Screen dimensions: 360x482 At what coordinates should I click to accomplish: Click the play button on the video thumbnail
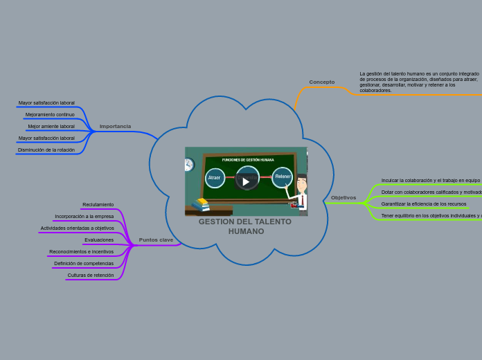coord(246,181)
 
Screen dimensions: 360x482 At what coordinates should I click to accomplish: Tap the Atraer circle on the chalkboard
coord(215,178)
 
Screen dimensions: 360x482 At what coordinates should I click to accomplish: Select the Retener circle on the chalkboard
coord(283,177)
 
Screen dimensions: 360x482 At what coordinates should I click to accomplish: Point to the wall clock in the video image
coord(188,165)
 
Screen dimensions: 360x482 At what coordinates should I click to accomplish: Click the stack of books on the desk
coord(201,205)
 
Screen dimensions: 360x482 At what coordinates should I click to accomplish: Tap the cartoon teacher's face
coord(302,186)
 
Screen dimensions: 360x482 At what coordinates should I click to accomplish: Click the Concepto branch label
coord(321,82)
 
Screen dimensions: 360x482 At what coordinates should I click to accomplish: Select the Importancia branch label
coord(115,127)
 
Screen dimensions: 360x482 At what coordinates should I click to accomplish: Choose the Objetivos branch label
coord(343,198)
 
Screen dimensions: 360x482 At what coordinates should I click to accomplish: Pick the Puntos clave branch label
coord(156,240)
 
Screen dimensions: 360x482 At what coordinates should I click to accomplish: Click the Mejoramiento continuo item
coord(50,115)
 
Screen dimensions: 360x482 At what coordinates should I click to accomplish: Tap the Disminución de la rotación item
coord(46,150)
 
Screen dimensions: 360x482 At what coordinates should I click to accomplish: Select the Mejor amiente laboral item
coord(51,127)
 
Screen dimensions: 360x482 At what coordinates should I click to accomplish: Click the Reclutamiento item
coord(98,205)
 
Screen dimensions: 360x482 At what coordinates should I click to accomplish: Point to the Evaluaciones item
coord(99,240)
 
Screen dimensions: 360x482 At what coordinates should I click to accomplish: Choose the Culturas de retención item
coord(91,276)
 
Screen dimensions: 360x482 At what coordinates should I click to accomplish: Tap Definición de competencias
coord(84,264)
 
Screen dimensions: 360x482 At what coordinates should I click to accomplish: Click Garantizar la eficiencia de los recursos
coord(423,204)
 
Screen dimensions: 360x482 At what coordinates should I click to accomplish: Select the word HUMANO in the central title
coord(246,231)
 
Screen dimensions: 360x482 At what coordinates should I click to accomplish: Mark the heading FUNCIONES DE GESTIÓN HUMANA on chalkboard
coord(248,160)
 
